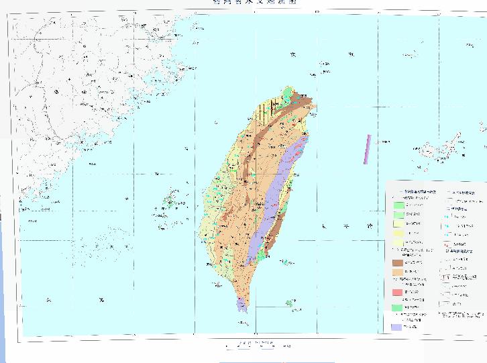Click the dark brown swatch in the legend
[398, 263]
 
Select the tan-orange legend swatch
[398, 272]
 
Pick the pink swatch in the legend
[398, 292]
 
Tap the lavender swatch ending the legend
[398, 327]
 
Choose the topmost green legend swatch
[398, 204]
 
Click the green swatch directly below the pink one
[398, 307]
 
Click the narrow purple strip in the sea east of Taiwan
[367, 150]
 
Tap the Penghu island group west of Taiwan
[170, 201]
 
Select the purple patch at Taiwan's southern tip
[241, 305]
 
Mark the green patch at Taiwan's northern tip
[289, 93]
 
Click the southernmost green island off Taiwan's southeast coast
[290, 303]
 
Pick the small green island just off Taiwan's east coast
[286, 262]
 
